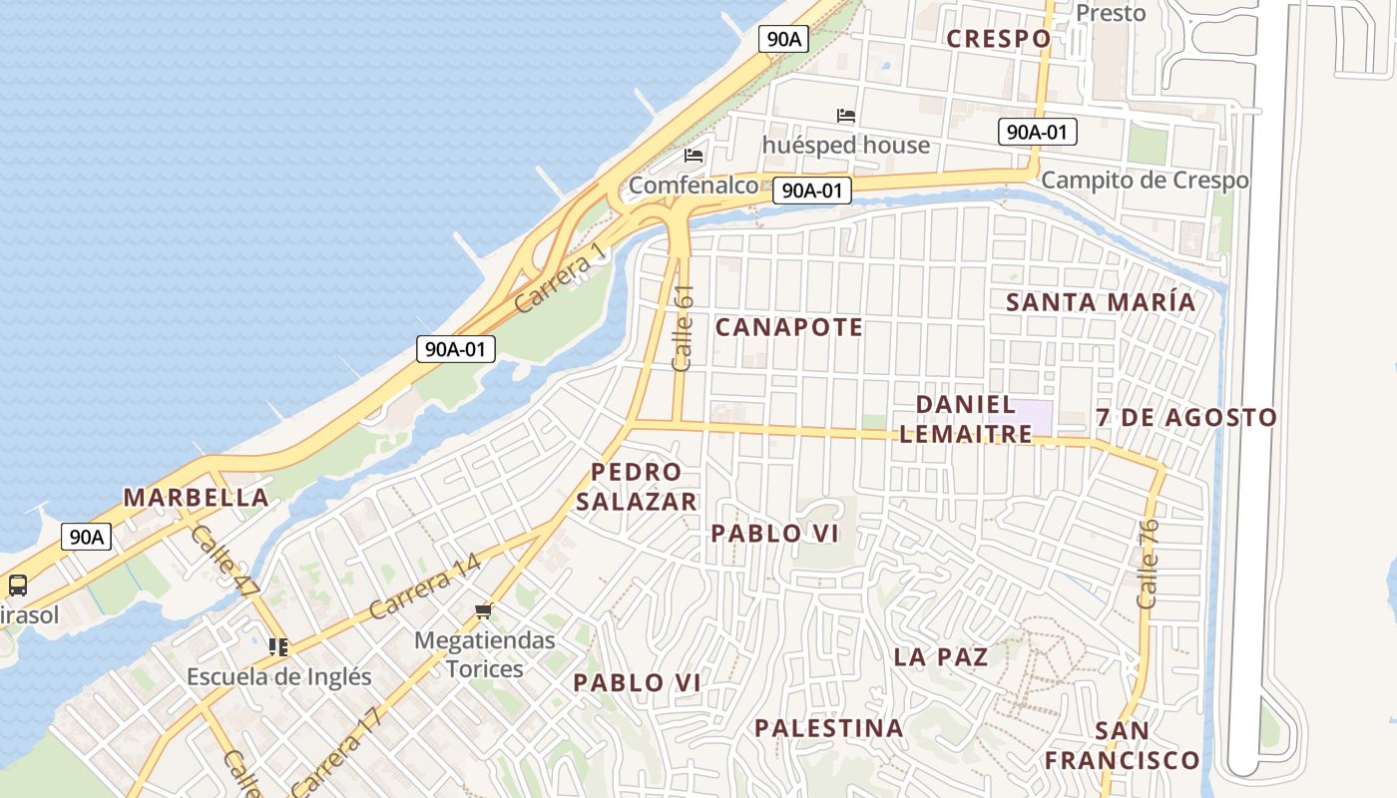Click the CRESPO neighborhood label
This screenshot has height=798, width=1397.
click(x=998, y=39)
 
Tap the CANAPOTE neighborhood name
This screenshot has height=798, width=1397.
click(x=788, y=327)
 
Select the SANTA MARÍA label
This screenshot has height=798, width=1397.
click(x=1100, y=302)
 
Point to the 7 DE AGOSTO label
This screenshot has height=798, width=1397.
click(x=1186, y=418)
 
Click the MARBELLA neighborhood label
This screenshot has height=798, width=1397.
click(x=196, y=498)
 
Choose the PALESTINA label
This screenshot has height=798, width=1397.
click(x=828, y=728)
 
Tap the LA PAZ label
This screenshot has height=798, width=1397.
click(x=941, y=656)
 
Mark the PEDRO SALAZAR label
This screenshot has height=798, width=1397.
click(x=636, y=487)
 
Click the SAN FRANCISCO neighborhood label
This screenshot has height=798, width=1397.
click(x=1122, y=745)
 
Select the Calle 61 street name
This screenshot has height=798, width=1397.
click(x=684, y=328)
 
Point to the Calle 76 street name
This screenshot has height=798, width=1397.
click(x=1148, y=564)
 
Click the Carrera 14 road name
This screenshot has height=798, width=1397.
click(x=424, y=587)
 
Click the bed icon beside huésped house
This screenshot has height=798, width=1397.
click(x=846, y=116)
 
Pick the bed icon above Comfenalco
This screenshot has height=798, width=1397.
click(x=694, y=156)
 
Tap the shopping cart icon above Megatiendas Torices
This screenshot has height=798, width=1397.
click(x=484, y=610)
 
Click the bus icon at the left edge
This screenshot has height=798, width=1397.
click(x=17, y=586)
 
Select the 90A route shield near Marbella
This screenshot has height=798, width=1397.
click(x=86, y=537)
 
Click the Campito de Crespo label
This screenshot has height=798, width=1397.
click(x=1145, y=181)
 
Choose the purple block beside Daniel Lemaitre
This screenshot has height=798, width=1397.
click(x=1033, y=417)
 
